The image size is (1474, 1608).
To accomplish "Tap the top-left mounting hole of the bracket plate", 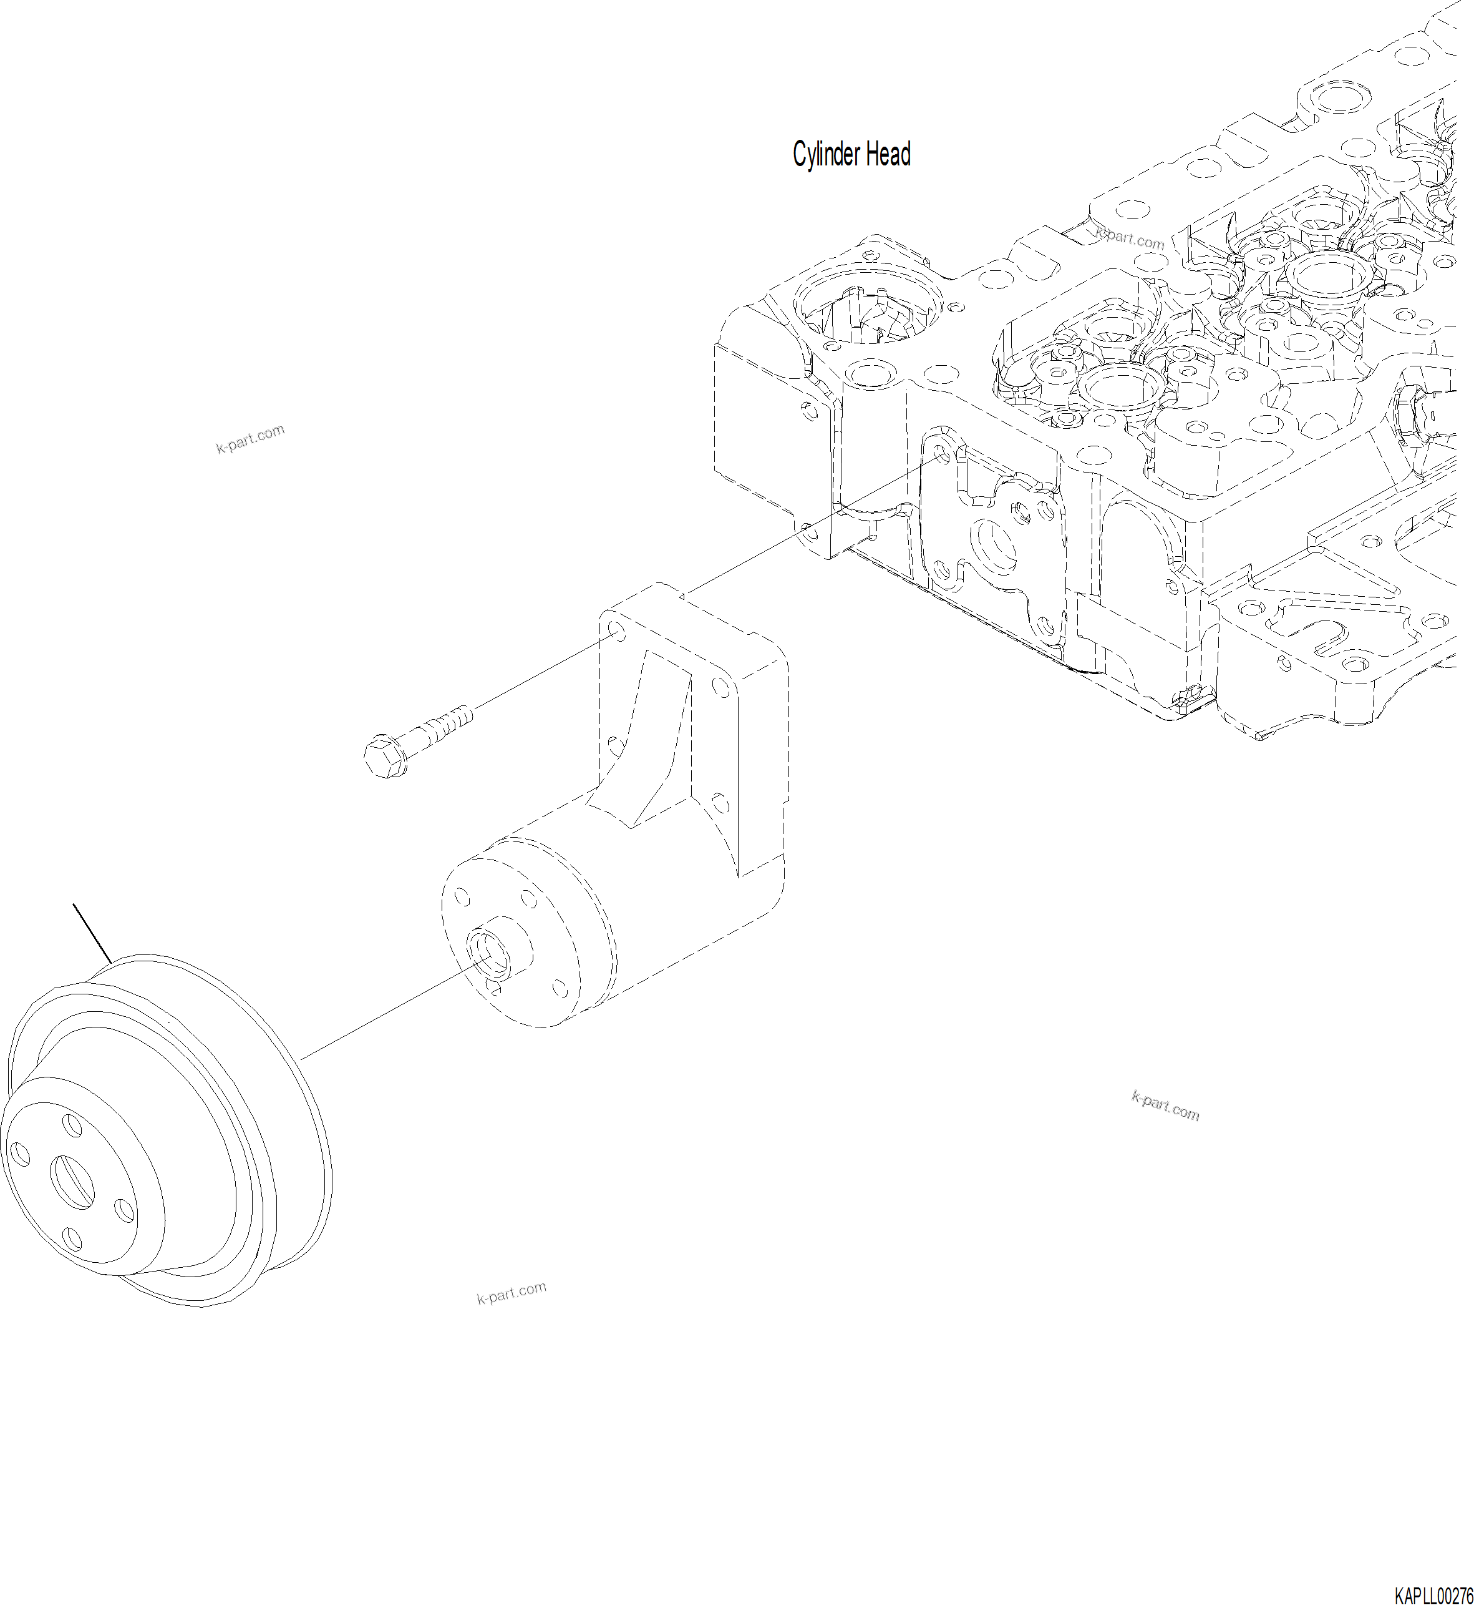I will coord(616,631).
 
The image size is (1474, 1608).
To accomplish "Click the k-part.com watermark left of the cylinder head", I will coord(250,439).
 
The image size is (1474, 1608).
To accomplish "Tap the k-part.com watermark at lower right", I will coord(1165,1106).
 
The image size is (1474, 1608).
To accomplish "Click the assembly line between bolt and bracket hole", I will coord(543,670).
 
